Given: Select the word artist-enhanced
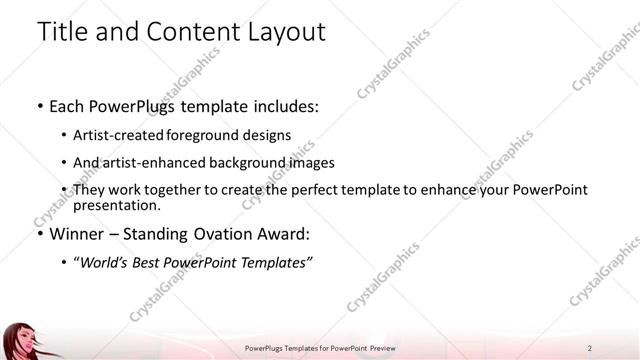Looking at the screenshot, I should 146,162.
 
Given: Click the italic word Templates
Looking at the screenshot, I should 280,263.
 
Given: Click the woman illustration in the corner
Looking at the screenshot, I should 22,340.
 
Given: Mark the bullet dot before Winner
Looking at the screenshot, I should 39,236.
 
